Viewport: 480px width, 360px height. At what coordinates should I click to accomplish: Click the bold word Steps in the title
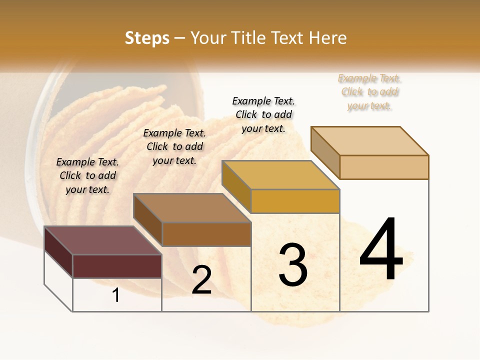click(147, 38)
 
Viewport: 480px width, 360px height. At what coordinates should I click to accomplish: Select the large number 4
click(381, 250)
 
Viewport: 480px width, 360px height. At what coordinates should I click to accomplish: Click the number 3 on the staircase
click(293, 265)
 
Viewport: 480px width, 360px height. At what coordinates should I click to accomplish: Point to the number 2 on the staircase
click(202, 280)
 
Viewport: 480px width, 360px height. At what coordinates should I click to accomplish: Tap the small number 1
click(116, 295)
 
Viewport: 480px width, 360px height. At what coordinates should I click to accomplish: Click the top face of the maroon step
click(102, 240)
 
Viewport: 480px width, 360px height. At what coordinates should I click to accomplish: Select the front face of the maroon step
click(117, 266)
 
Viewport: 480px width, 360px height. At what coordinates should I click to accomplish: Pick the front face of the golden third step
click(295, 201)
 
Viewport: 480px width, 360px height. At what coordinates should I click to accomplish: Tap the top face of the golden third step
click(280, 175)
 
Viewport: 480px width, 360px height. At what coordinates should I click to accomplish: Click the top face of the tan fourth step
click(370, 141)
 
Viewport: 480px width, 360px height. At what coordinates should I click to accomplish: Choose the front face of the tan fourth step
click(384, 167)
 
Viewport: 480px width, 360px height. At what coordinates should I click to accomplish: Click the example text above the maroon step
click(87, 175)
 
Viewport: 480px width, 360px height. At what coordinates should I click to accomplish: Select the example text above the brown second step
click(174, 146)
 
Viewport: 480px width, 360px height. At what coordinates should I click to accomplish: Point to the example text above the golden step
click(263, 114)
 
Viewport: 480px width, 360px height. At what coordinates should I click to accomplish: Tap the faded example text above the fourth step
click(369, 92)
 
